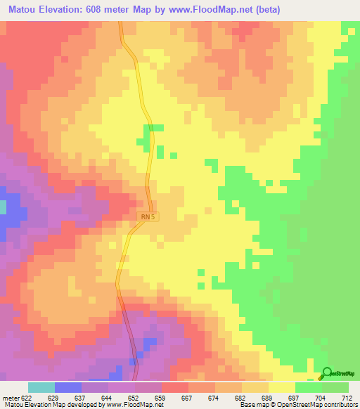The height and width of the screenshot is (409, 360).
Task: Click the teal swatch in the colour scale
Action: pos(41,387)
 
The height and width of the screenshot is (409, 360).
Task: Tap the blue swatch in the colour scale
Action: pos(68,387)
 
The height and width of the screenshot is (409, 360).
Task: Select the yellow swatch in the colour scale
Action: pos(282,387)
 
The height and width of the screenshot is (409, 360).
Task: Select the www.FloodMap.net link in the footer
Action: pos(133,405)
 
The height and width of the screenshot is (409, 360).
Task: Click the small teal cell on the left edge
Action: pos(2,207)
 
